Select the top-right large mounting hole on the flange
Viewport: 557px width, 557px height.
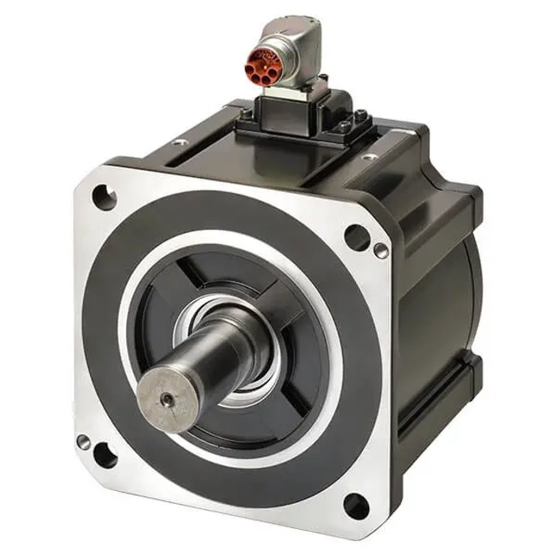[356, 237]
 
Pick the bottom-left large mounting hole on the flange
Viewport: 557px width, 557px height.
[105, 455]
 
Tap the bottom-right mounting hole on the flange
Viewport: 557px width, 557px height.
[356, 506]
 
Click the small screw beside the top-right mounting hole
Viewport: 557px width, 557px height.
[381, 250]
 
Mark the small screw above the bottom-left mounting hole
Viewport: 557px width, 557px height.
[83, 442]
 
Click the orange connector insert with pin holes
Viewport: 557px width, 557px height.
[263, 67]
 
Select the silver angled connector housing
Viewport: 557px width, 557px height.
[296, 52]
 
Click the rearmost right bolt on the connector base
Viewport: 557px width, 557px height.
[361, 115]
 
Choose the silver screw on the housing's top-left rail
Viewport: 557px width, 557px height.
[180, 143]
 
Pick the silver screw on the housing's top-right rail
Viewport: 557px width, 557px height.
[370, 157]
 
